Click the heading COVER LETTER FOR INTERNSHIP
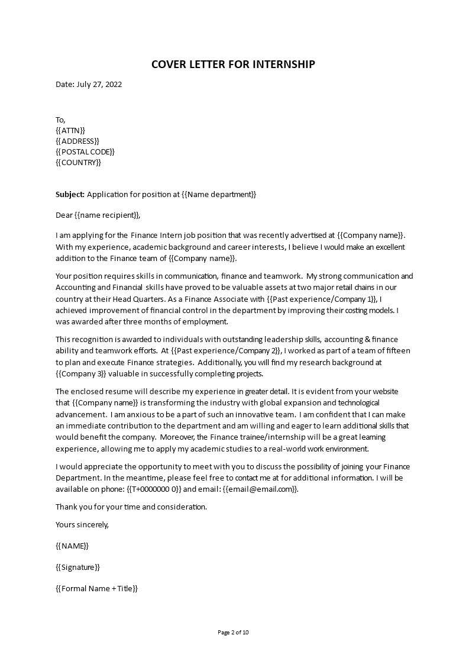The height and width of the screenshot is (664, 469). coord(234,64)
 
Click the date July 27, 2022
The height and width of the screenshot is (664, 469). coord(99,84)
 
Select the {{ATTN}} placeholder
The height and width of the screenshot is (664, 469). coord(70,130)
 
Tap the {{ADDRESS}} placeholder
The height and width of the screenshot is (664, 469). coord(77,141)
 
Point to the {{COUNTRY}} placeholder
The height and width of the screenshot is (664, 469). coord(78,162)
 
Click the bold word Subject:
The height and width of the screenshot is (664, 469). coord(70,194)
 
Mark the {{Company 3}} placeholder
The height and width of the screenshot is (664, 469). coord(81,373)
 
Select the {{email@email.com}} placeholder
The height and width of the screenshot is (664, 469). coord(260,489)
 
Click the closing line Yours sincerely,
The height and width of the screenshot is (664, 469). coord(82,524)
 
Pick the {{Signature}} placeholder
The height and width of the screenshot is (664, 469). coord(77,567)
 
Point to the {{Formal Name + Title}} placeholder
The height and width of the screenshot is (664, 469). coord(96,588)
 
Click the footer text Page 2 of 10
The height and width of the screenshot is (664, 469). coord(234,632)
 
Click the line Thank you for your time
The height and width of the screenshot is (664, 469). coord(131,507)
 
